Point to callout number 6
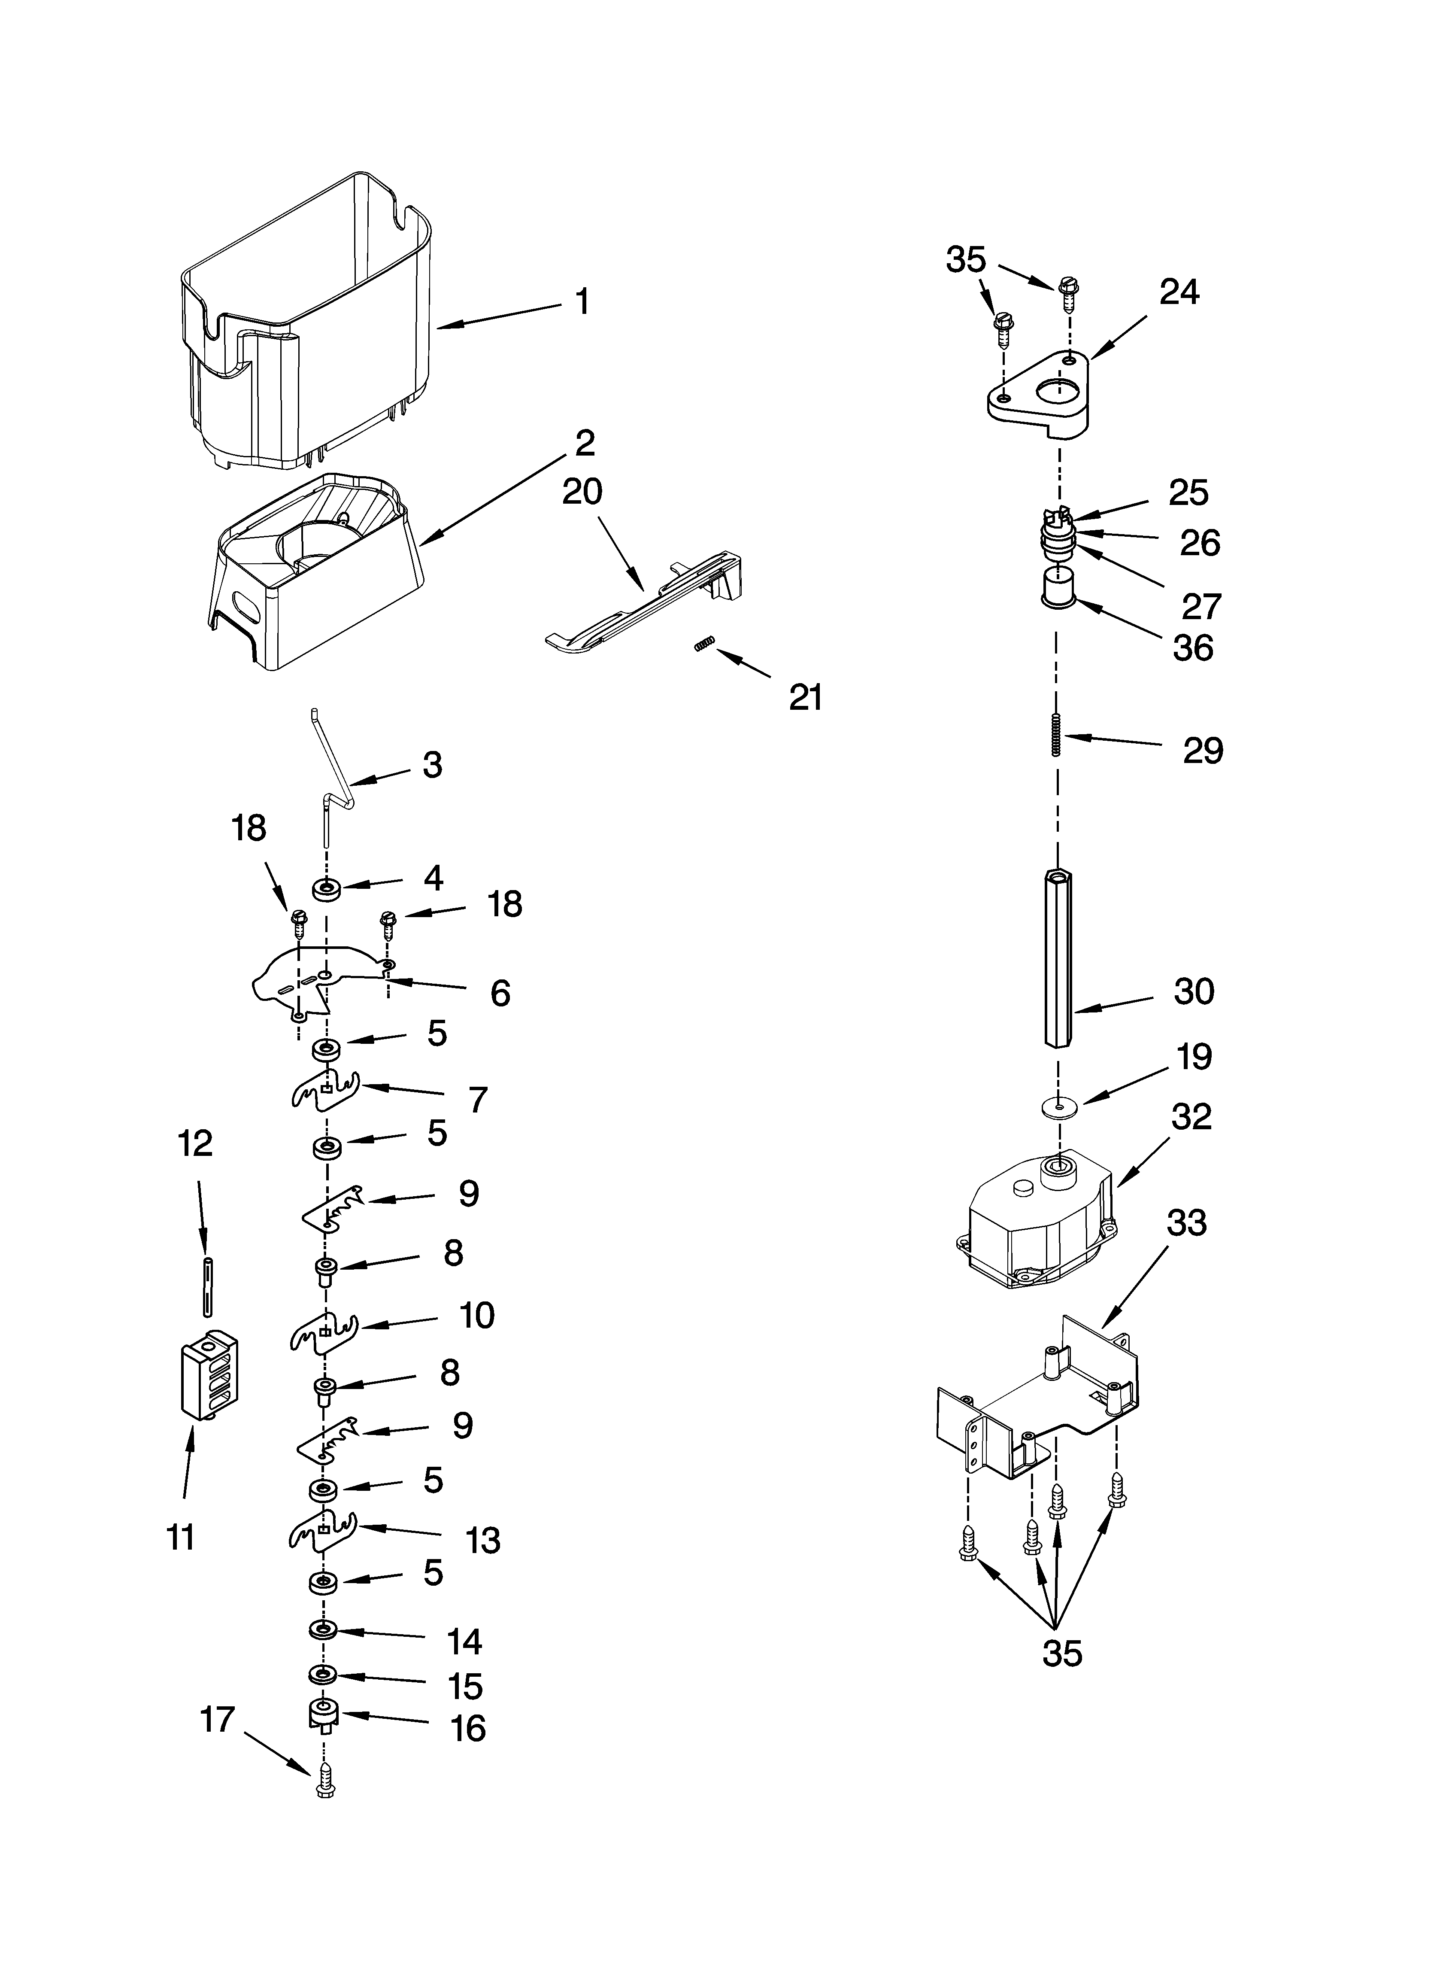[x=500, y=994]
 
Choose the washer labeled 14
[x=323, y=1629]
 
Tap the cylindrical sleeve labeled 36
[x=1057, y=587]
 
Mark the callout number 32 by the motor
[x=1192, y=1117]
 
